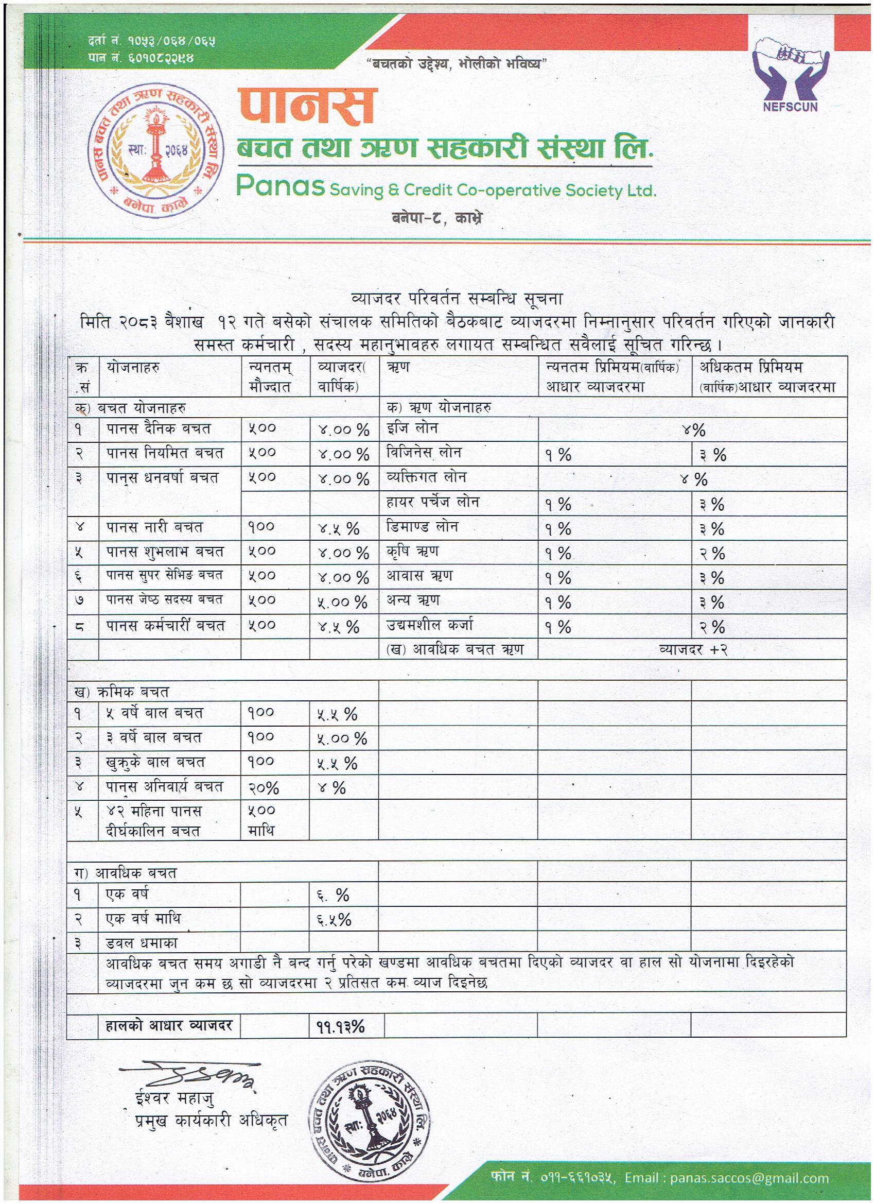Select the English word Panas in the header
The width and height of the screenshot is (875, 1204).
pos(279,186)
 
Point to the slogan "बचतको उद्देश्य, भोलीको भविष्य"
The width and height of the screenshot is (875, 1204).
pos(457,64)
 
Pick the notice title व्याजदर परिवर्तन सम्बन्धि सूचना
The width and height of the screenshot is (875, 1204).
pos(457,299)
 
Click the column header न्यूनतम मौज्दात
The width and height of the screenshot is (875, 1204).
pos(270,376)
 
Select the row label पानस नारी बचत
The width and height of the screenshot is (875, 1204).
pos(155,527)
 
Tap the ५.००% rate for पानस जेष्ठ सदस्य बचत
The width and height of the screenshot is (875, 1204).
pos(342,602)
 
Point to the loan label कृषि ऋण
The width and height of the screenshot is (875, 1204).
pos(412,552)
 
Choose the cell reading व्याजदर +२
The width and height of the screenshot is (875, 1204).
pos(692,649)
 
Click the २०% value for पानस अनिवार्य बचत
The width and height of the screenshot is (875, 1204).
pos(264,788)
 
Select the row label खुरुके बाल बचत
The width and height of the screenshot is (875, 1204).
pos(155,762)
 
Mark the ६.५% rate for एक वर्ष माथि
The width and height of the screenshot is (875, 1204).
pos(334,920)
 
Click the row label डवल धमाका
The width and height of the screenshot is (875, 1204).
pos(142,943)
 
